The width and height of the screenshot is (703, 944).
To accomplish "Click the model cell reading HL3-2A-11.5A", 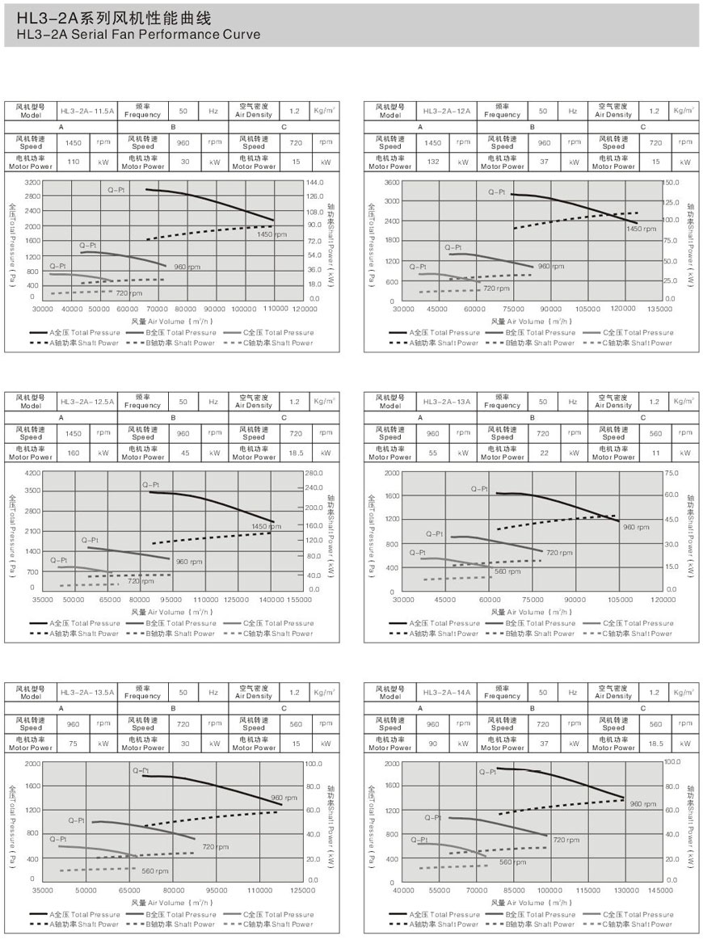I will (x=86, y=110).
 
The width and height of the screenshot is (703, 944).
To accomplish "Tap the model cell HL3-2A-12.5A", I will (x=86, y=401).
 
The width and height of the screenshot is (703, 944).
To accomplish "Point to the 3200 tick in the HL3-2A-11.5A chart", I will (x=32, y=183).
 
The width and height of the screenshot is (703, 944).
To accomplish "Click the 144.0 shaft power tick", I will (x=314, y=183).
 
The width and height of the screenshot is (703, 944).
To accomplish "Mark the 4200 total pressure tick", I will (x=32, y=473).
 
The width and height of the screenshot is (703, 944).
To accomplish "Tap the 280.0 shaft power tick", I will (x=314, y=473).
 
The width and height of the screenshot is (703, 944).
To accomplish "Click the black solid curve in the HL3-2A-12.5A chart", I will (x=218, y=500).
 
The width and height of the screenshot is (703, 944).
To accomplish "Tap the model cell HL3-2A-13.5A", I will (x=86, y=692).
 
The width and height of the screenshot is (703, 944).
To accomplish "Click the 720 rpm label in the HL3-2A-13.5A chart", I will (x=215, y=847).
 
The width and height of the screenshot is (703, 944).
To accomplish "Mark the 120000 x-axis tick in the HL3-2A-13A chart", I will (x=663, y=600).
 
